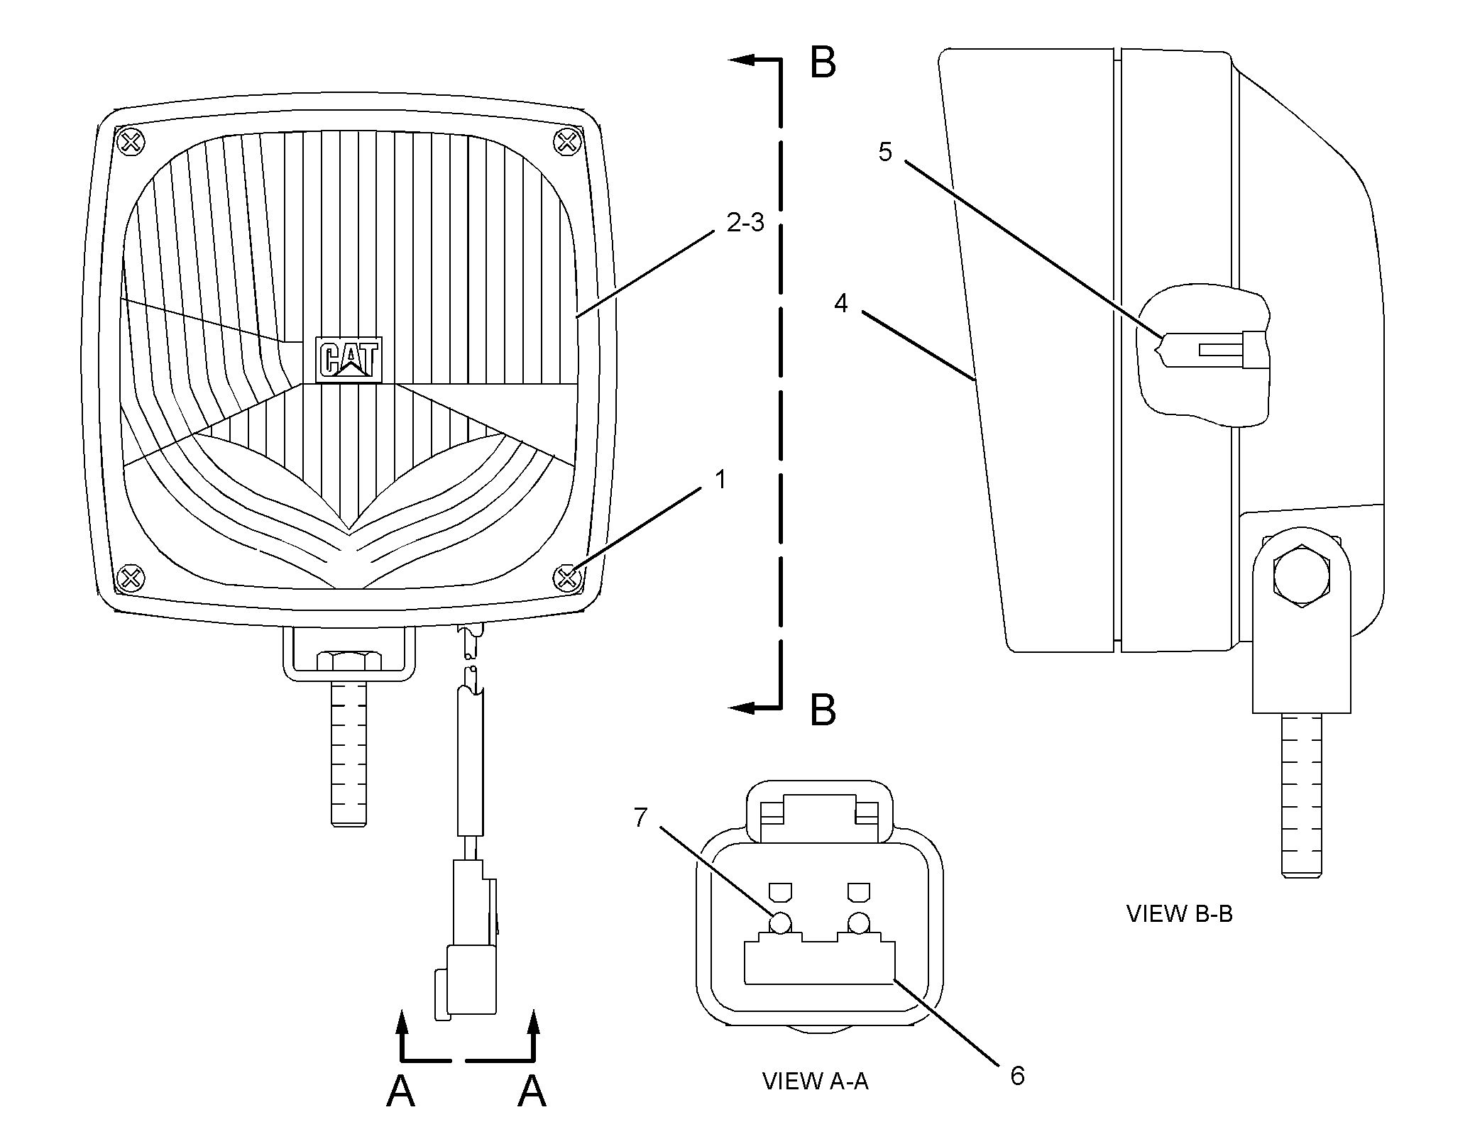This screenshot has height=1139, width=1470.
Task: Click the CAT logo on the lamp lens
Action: pos(349,360)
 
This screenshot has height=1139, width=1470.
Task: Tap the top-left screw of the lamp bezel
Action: pos(131,143)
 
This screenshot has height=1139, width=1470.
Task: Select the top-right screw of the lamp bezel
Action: pos(566,143)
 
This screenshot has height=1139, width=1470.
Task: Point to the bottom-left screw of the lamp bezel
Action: pos(131,578)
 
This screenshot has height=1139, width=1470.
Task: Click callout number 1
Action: pos(720,480)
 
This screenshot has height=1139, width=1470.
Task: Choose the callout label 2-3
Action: pos(745,223)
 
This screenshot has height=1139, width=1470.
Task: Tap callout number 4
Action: pos(841,304)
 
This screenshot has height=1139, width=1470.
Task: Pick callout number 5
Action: pos(884,152)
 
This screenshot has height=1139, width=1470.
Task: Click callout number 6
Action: pos(1017,1077)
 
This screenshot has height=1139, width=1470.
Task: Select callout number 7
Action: pos(640,818)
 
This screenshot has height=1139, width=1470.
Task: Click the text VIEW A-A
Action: pos(815,1081)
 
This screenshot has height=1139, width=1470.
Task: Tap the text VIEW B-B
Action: pos(1180,913)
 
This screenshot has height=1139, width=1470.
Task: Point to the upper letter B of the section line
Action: pos(823,62)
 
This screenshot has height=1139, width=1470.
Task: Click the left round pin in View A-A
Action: pos(780,923)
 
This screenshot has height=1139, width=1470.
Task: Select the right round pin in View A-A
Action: pos(858,923)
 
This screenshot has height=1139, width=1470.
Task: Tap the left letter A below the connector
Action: pos(400,1091)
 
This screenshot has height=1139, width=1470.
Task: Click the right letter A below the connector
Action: pos(532,1091)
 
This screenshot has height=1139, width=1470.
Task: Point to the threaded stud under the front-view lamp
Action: pos(349,752)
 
